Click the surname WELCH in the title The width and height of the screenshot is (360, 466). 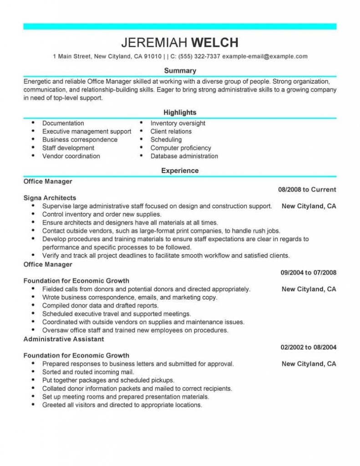(x=214, y=43)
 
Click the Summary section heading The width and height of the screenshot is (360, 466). (x=180, y=71)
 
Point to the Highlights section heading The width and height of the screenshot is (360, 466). (x=180, y=112)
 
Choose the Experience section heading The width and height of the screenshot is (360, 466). (x=180, y=171)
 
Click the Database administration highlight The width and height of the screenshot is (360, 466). (x=184, y=156)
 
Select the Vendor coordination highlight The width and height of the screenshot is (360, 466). (x=71, y=156)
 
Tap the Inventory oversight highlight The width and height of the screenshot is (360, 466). (x=177, y=123)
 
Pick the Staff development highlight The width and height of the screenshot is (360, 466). (x=68, y=148)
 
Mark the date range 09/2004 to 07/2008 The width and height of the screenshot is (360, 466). (x=308, y=273)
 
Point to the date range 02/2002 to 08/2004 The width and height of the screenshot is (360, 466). (x=308, y=347)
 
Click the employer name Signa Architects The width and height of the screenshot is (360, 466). (x=50, y=198)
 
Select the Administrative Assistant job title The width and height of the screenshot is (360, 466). (x=64, y=339)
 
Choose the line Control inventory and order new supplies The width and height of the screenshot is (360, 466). (x=102, y=214)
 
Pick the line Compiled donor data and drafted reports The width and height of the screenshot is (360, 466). (x=100, y=306)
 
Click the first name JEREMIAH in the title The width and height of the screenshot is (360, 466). (x=154, y=43)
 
